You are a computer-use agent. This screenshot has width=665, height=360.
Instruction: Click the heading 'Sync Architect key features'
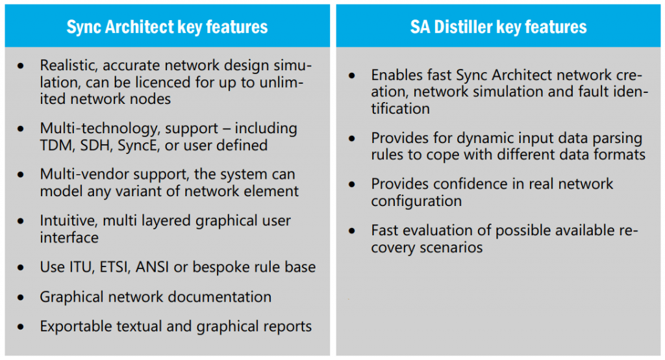tap(167, 27)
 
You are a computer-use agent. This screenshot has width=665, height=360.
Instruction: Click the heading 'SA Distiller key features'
tap(498, 27)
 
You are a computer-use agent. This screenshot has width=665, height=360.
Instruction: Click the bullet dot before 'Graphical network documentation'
tap(21, 297)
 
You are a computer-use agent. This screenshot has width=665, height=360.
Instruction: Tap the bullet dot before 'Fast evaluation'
tap(351, 231)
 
